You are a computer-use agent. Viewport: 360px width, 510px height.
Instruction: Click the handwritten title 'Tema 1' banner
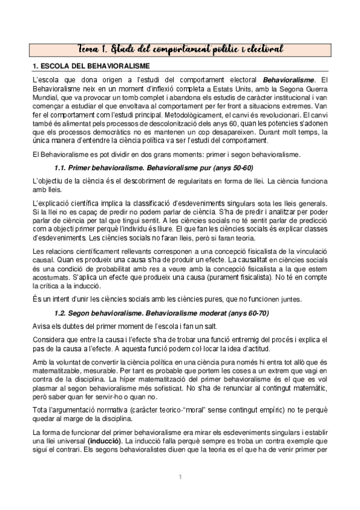180,48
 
